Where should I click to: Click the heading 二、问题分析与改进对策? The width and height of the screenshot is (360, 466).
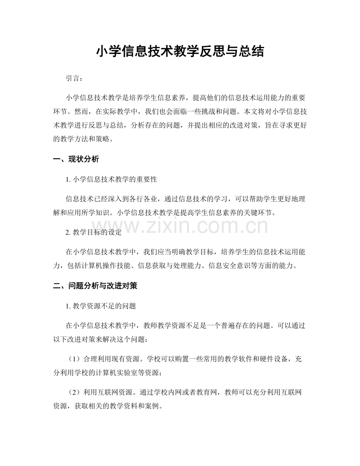(x=95, y=286)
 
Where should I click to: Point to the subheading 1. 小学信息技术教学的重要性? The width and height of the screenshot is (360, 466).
(x=112, y=180)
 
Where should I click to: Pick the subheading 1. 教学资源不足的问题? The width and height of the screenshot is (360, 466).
(x=101, y=306)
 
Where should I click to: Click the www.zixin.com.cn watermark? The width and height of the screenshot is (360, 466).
(x=180, y=226)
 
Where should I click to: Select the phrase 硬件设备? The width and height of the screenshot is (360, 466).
(x=266, y=347)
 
